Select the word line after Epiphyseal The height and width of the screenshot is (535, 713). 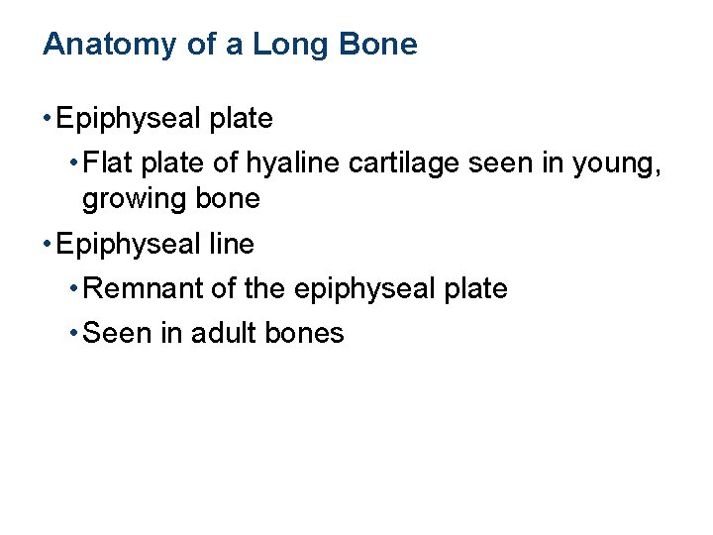[232, 244]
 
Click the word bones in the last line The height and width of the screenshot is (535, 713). [310, 334]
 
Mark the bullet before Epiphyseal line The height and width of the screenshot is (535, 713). [48, 244]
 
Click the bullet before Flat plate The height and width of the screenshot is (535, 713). [74, 161]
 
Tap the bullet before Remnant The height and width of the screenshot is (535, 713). [74, 289]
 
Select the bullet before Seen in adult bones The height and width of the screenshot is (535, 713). [74, 334]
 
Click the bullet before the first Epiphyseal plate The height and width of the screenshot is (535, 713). [48, 119]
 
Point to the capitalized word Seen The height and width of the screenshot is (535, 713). [118, 334]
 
